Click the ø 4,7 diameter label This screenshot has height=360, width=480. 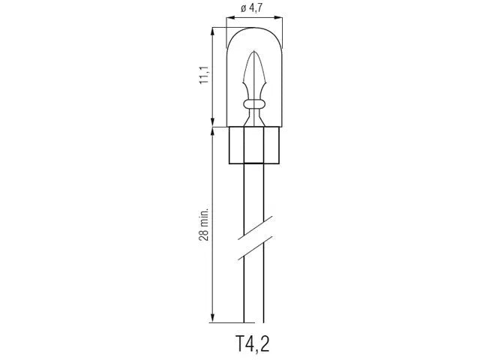tap(251, 8)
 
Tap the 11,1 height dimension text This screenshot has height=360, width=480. tap(204, 75)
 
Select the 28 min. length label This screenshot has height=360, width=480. tap(204, 224)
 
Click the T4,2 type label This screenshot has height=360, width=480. tap(253, 343)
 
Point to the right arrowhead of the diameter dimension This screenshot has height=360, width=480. tap(278, 18)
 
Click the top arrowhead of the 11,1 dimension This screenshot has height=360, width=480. tap(213, 31)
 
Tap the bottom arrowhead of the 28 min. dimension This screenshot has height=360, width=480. tap(213, 318)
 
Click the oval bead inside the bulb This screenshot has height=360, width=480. tap(253, 104)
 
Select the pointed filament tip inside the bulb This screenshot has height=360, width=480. tap(253, 52)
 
